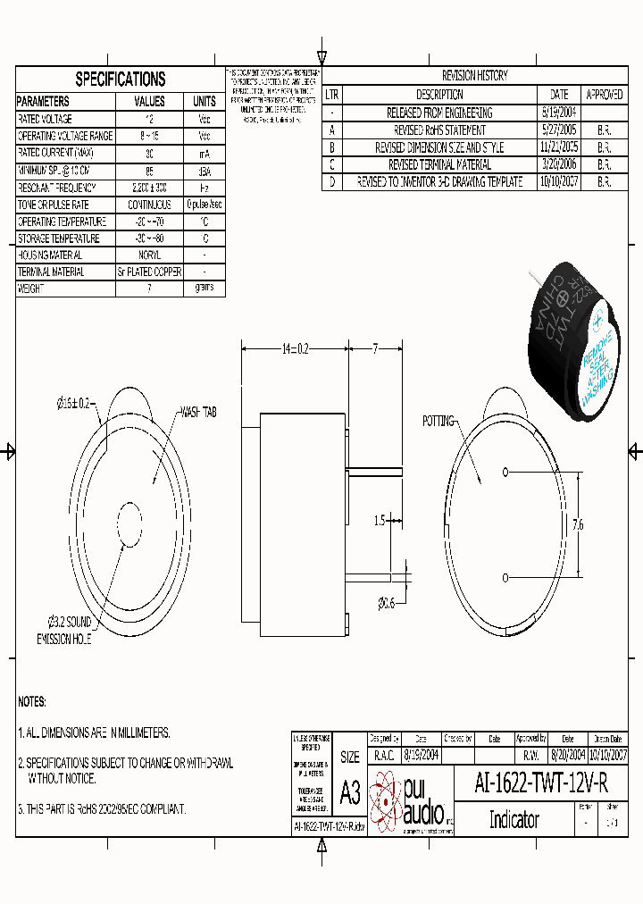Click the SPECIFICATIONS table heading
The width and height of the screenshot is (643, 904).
tap(121, 79)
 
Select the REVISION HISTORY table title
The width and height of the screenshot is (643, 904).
tap(475, 76)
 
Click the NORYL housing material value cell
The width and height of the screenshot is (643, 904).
tap(149, 255)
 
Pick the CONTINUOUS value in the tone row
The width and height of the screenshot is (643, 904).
tap(149, 205)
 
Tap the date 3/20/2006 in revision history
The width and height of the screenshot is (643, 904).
tap(559, 164)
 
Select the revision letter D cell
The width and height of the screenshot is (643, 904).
tap(331, 181)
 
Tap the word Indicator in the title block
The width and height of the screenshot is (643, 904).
tap(514, 819)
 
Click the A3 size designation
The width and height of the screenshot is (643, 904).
tap(350, 791)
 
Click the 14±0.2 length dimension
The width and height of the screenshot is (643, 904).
tap(294, 349)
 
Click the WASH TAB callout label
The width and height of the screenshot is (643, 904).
tap(198, 413)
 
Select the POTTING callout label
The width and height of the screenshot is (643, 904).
tap(438, 420)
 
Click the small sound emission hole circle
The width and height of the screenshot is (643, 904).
tap(129, 518)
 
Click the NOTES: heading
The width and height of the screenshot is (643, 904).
tap(32, 702)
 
